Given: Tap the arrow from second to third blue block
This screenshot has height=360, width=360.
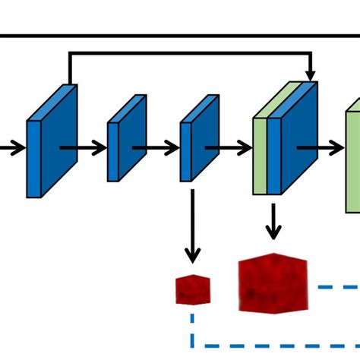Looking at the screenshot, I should point(156,148).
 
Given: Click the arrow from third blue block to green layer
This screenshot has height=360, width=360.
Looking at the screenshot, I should point(228,148).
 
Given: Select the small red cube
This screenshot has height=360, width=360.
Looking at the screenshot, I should point(193,289).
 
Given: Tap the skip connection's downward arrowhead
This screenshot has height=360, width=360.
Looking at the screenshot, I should point(310,72).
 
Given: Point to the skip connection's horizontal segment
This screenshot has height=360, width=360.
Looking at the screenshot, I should point(190,53).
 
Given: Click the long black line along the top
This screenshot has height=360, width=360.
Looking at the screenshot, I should point(180,35).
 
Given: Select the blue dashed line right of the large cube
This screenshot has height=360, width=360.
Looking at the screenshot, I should point(338,287).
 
